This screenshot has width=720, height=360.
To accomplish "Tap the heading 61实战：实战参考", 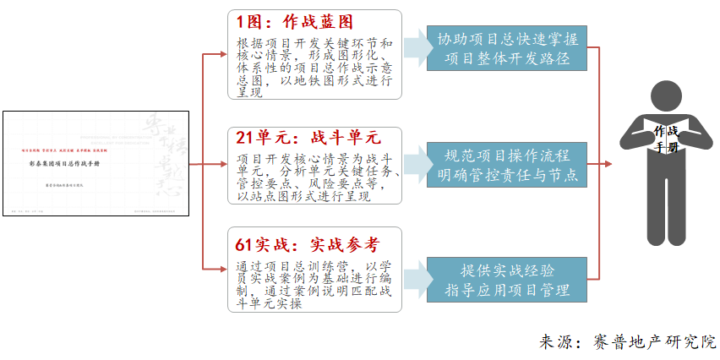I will [308, 245].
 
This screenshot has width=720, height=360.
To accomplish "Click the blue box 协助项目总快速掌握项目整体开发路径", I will [506, 49].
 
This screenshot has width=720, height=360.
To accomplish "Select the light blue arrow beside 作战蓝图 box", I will [416, 49].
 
